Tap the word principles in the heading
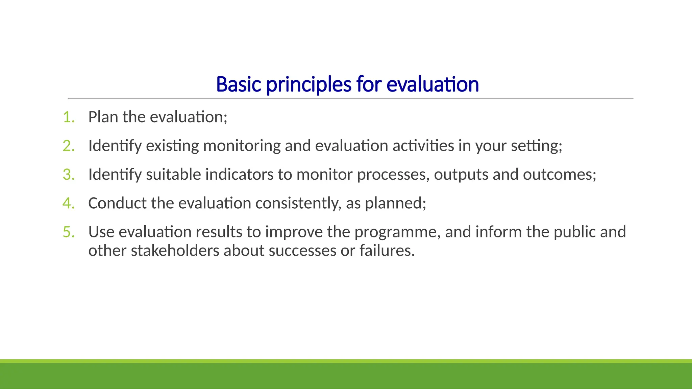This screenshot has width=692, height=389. click(309, 85)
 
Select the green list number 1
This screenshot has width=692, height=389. click(69, 117)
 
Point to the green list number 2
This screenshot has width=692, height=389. click(69, 146)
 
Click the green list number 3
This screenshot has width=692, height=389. click(69, 175)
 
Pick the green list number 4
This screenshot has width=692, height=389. click(69, 203)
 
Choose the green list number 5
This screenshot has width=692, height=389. click(69, 232)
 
